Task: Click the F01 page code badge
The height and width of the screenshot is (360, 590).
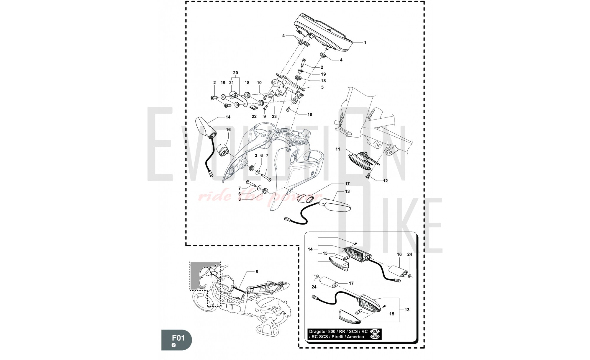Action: [176, 340]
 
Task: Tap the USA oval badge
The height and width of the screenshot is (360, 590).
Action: [375, 331]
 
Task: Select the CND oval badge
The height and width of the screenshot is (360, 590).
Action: [375, 337]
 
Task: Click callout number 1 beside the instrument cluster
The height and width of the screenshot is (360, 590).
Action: [365, 42]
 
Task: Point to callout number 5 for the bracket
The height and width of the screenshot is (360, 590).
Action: [322, 87]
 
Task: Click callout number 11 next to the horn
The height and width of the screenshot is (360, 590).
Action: [338, 149]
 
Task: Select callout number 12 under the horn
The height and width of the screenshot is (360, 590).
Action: [385, 181]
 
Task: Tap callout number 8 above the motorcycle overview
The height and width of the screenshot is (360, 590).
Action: [257, 272]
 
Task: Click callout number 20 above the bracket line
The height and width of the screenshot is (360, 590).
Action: [235, 73]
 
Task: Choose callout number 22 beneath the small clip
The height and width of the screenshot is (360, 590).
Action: [254, 117]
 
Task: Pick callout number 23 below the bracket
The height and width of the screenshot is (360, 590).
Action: [274, 117]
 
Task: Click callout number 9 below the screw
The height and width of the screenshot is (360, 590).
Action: [265, 117]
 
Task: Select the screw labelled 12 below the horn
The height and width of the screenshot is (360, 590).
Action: [368, 176]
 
